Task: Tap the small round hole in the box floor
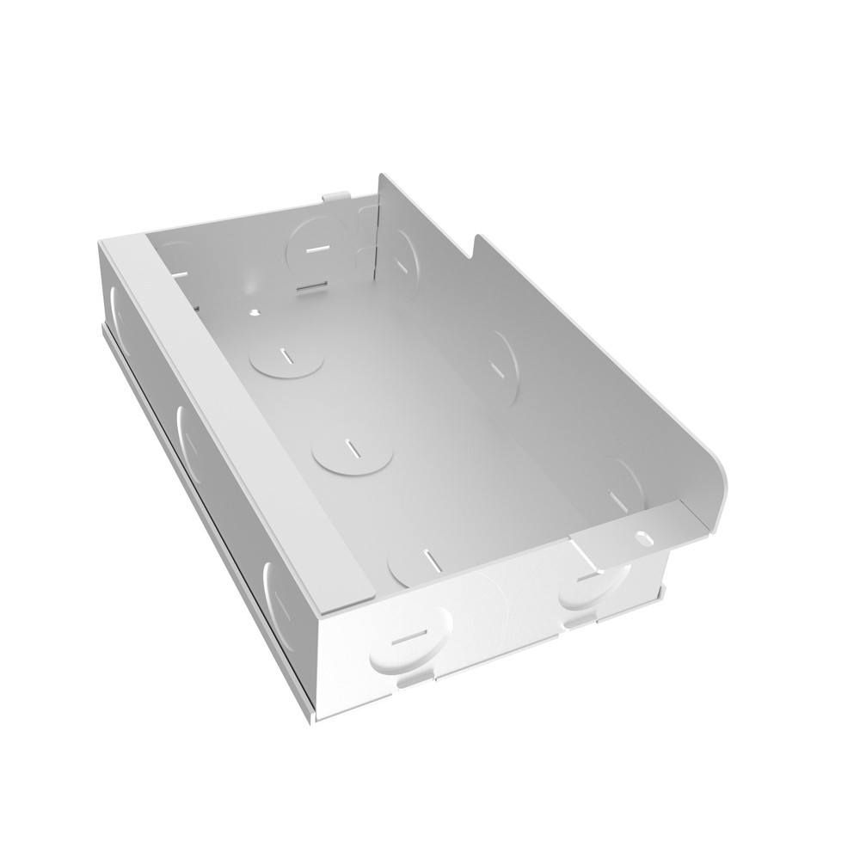point(255,312)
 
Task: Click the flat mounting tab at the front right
point(623,537)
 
